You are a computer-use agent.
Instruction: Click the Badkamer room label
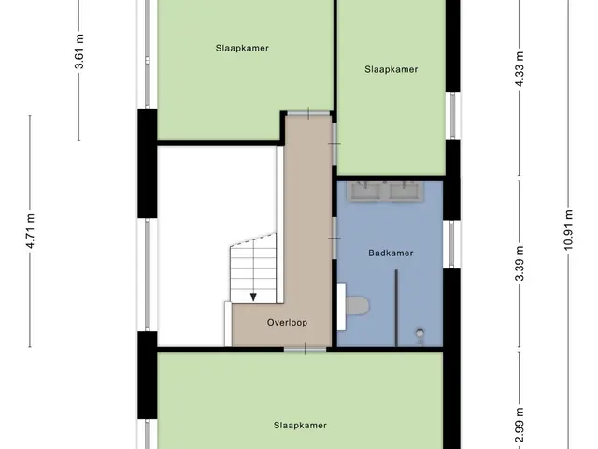pyautogui.click(x=391, y=253)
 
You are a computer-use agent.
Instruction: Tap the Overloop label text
pyautogui.click(x=287, y=322)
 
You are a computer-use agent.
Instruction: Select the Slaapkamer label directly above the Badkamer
pyautogui.click(x=391, y=69)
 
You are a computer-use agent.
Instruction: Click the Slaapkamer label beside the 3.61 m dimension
pyautogui.click(x=242, y=48)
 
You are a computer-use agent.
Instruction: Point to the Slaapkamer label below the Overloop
pyautogui.click(x=300, y=425)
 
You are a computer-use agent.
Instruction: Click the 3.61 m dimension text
pyautogui.click(x=78, y=51)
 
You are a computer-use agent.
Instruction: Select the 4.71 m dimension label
pyautogui.click(x=31, y=231)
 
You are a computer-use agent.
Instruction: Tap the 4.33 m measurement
pyautogui.click(x=520, y=69)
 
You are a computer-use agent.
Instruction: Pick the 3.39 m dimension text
pyautogui.click(x=520, y=264)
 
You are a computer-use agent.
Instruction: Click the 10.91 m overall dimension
pyautogui.click(x=568, y=230)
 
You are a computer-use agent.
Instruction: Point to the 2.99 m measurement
pyautogui.click(x=520, y=425)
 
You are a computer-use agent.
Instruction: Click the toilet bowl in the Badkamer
pyautogui.click(x=357, y=306)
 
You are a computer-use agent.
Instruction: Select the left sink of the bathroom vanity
pyautogui.click(x=365, y=191)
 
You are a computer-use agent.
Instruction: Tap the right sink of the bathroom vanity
pyautogui.click(x=404, y=191)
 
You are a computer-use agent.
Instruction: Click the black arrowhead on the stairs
pyautogui.click(x=253, y=297)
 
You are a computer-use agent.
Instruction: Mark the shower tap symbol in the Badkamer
pyautogui.click(x=420, y=335)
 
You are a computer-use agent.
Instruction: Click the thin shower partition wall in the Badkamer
pyautogui.click(x=396, y=308)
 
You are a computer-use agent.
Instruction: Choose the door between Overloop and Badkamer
pyautogui.click(x=335, y=238)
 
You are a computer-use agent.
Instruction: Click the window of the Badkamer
pyautogui.click(x=452, y=244)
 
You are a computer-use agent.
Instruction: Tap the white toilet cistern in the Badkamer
pyautogui.click(x=341, y=307)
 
